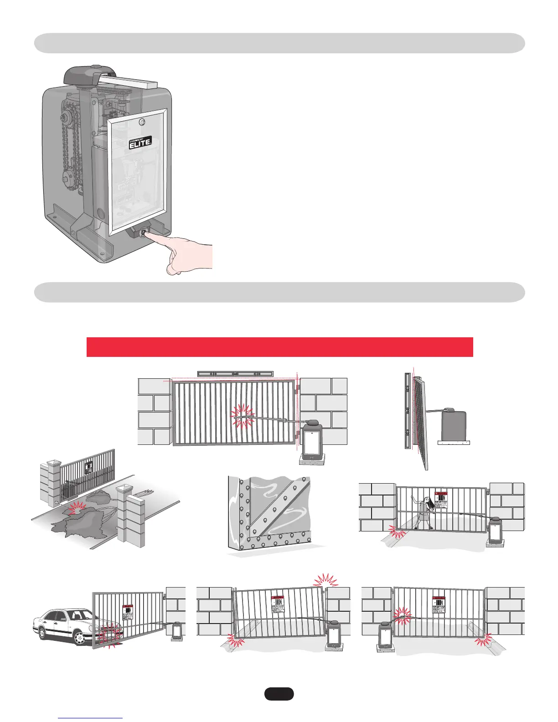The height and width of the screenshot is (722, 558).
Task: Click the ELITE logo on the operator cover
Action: coord(139,143)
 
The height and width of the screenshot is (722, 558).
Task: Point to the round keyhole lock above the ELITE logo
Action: coord(142,122)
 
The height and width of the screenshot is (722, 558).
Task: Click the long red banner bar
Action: coord(279,347)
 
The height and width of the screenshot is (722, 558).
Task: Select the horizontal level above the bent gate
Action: coord(235,374)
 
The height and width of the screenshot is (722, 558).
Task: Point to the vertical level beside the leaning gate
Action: coord(407,410)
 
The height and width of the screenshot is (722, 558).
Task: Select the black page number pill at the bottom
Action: coord(279,694)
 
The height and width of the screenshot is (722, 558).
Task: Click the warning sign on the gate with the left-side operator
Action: coord(439,605)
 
